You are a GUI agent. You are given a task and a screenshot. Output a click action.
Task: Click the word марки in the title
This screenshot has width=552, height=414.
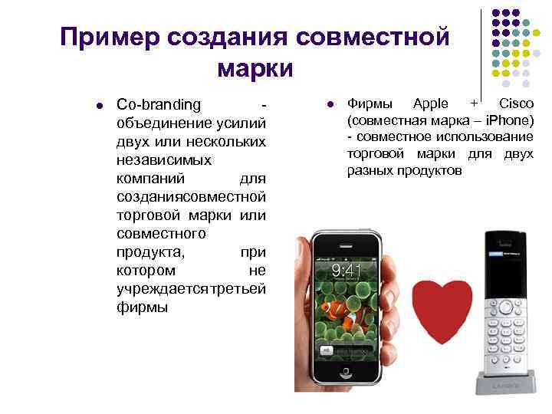point(255,69)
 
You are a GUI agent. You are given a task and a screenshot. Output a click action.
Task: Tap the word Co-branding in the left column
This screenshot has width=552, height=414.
point(159,103)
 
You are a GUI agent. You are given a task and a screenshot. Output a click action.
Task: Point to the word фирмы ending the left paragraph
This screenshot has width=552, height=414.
point(140,307)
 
